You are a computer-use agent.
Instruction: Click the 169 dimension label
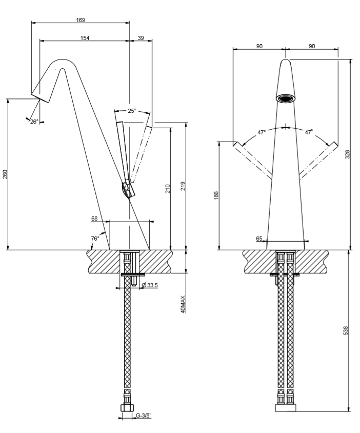click(x=80, y=20)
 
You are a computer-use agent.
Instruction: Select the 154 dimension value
click(x=84, y=38)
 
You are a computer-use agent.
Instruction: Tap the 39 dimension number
click(x=141, y=38)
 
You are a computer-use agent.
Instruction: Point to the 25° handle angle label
click(x=132, y=111)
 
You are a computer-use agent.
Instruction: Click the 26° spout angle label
click(x=34, y=122)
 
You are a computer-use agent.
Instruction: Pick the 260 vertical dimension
click(x=6, y=175)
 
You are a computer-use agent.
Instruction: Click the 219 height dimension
click(x=183, y=186)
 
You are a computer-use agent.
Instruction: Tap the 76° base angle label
click(x=95, y=238)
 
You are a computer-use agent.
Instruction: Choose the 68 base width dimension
click(x=94, y=219)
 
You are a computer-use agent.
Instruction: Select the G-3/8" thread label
click(x=144, y=416)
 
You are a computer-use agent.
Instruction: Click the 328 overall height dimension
click(x=347, y=154)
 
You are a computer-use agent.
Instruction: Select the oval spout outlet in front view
click(x=286, y=98)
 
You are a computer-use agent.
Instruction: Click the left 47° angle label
click(x=262, y=132)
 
